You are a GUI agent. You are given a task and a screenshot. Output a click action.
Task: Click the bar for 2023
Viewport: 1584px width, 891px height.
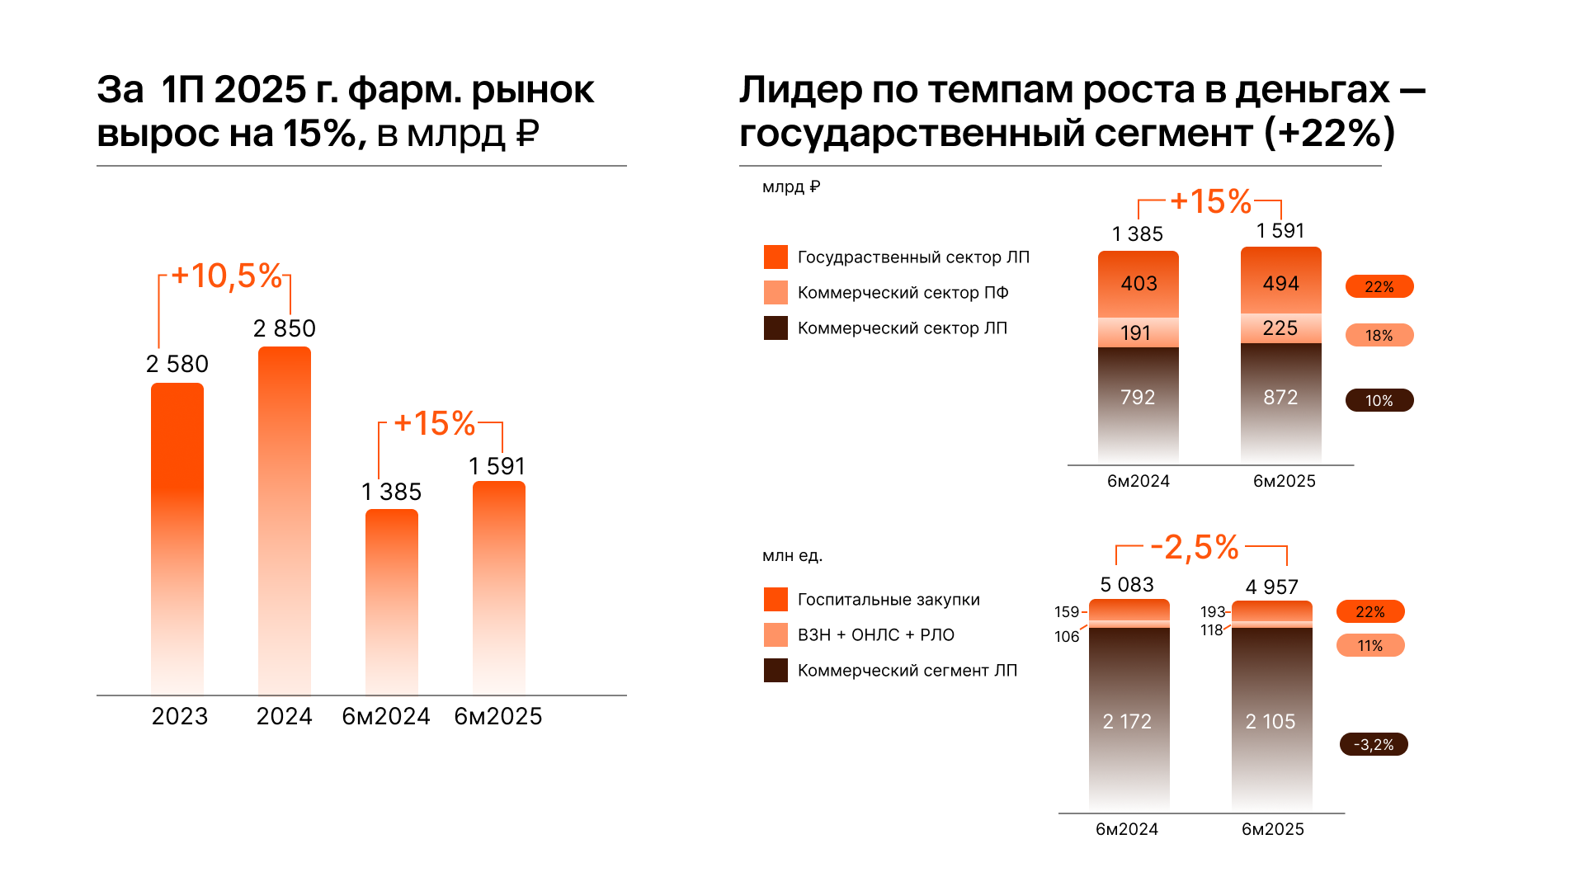point(177,536)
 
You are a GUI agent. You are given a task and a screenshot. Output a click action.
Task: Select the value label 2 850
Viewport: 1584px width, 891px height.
point(284,328)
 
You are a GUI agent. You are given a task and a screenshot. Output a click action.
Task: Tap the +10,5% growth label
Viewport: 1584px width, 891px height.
point(226,276)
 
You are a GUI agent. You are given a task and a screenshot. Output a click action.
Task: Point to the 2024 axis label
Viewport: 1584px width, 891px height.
point(284,716)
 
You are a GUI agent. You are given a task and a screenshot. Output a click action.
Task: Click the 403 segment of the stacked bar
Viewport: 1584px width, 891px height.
point(1138,284)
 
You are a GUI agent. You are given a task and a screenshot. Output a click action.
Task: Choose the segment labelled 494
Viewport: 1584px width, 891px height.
point(1280,283)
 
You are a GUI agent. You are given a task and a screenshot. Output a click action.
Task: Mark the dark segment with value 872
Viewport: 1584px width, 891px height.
point(1280,398)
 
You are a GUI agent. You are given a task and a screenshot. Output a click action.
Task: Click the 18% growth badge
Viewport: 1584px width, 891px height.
point(1379,335)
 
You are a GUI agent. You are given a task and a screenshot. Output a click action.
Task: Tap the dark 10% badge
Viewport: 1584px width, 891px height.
point(1379,400)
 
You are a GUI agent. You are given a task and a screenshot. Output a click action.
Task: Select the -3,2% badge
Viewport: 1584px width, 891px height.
point(1374,744)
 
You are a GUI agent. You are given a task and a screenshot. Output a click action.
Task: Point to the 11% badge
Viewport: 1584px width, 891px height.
point(1369,645)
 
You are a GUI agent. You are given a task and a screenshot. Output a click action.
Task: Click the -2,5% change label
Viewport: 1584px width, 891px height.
point(1194,547)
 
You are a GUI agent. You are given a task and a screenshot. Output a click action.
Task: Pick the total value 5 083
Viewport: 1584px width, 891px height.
point(1127,585)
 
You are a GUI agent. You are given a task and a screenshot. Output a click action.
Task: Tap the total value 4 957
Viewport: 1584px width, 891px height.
point(1271,587)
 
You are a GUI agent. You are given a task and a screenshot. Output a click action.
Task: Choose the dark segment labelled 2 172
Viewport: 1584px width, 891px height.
point(1127,721)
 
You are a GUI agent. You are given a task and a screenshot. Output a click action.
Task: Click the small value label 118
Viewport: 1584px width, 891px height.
point(1211,630)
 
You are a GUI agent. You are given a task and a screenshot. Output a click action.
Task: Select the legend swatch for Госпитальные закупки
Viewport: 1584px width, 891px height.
point(775,600)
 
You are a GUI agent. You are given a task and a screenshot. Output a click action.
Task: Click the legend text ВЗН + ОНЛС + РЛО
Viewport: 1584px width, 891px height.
point(875,635)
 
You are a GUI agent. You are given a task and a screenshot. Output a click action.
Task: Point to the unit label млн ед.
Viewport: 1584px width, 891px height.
point(792,556)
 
